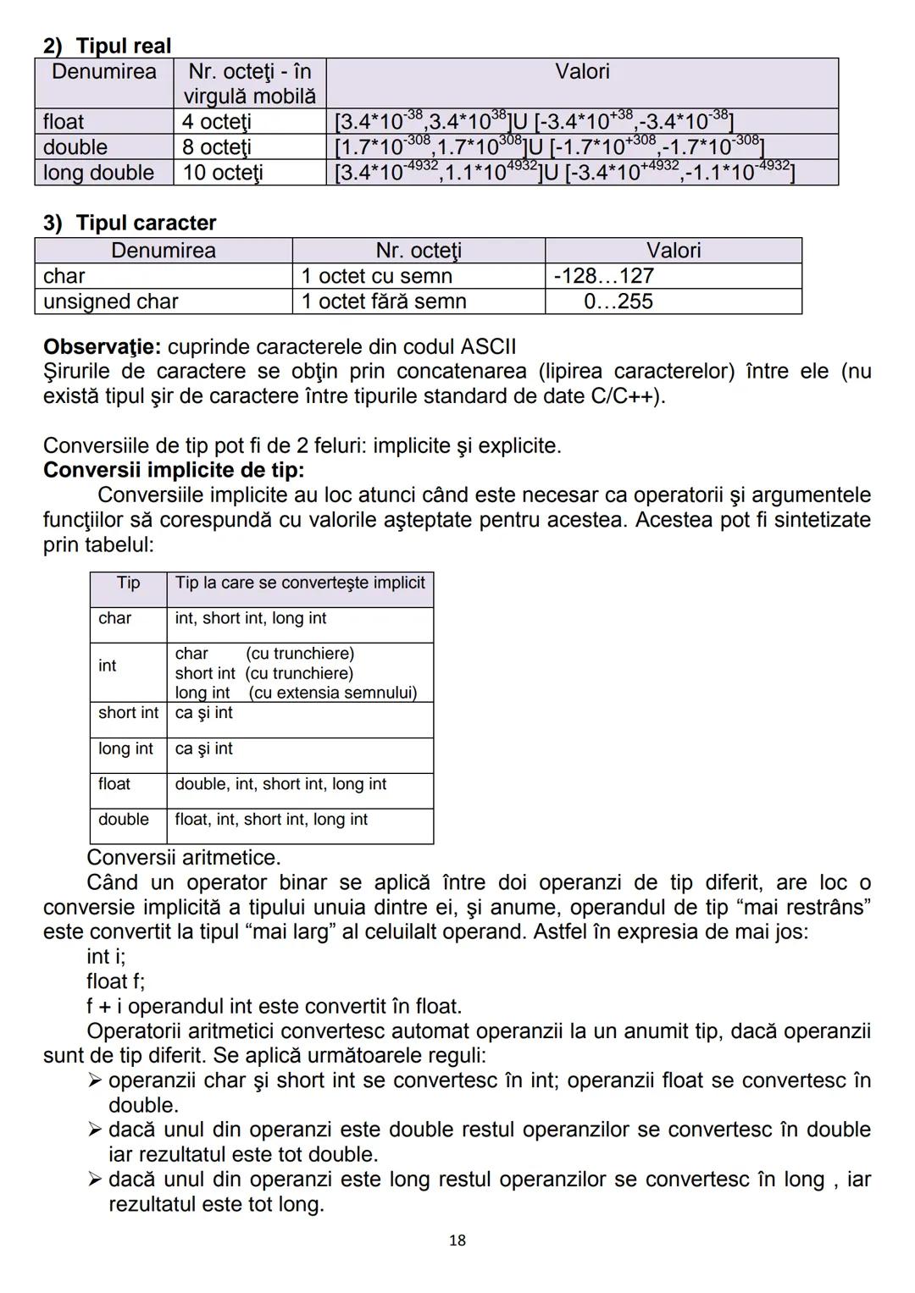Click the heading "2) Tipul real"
[107, 46]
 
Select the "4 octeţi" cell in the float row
[216, 122]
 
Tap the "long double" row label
[98, 173]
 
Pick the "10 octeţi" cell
[222, 173]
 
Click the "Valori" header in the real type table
[582, 71]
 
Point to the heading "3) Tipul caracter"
[130, 223]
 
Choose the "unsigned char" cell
[111, 301]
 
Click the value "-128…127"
[603, 276]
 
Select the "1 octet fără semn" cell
[384, 301]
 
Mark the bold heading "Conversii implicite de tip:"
[174, 470]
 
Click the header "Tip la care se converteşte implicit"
[300, 583]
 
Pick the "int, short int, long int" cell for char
[251, 618]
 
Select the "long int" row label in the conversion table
[125, 749]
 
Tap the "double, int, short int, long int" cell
[280, 784]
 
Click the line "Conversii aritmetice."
[183, 858]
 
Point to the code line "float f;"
[115, 981]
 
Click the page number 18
[457, 1241]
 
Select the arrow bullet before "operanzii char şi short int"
[95, 1080]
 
